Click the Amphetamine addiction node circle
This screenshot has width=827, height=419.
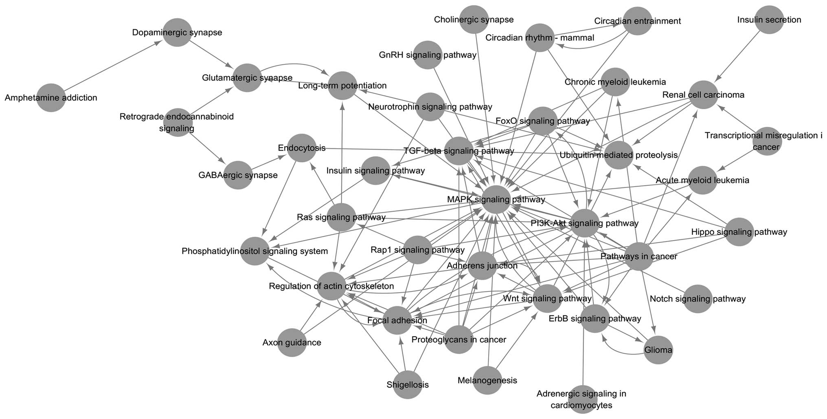(51, 98)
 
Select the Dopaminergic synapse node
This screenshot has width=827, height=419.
(177, 32)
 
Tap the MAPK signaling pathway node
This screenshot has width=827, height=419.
(496, 199)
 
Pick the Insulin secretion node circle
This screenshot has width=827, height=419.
(769, 20)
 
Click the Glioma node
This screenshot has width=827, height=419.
(658, 350)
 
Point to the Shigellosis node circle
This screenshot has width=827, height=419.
(408, 384)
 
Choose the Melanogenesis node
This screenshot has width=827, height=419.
(487, 380)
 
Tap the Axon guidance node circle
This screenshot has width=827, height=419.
(292, 342)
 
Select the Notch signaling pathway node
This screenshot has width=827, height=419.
(698, 299)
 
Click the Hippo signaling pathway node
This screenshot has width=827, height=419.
(739, 232)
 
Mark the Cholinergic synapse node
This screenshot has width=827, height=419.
(474, 19)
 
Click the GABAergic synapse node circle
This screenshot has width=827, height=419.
(238, 175)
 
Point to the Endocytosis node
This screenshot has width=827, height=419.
(302, 148)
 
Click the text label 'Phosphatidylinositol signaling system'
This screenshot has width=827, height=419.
(254, 251)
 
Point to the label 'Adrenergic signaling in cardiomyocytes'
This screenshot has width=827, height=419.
(581, 399)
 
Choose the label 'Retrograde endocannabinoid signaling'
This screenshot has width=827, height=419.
(177, 122)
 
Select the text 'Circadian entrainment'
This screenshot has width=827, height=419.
(637, 21)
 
